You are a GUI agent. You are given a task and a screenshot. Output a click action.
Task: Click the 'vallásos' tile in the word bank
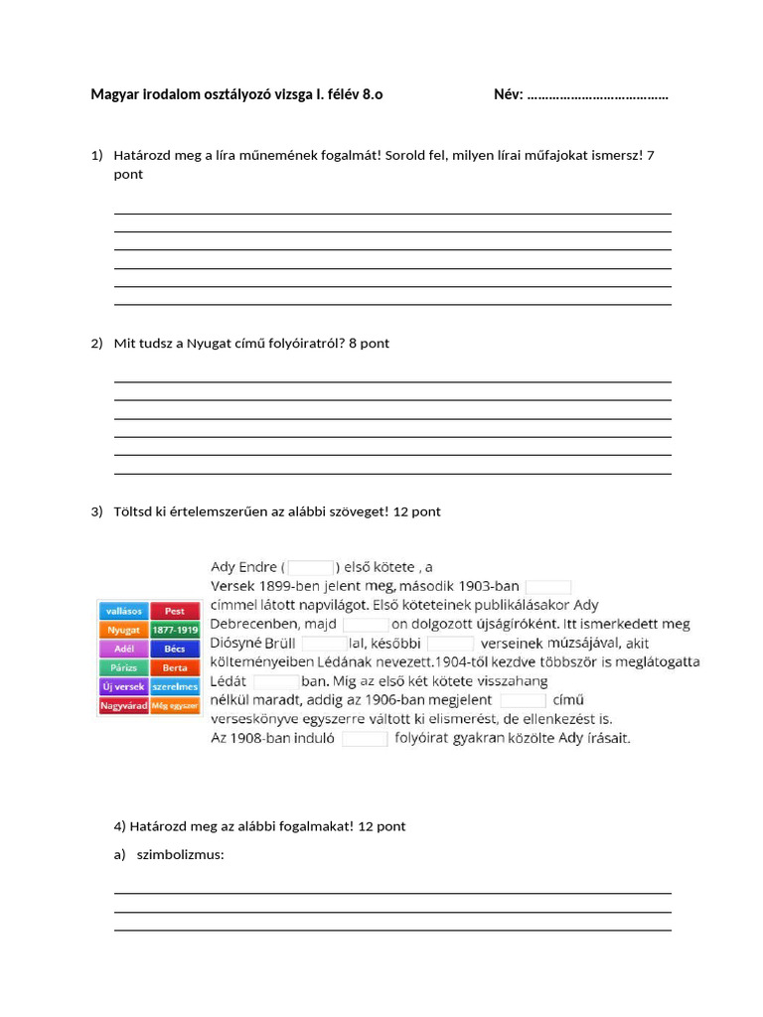click(123, 611)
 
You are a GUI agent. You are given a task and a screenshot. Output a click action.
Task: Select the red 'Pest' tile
click(175, 611)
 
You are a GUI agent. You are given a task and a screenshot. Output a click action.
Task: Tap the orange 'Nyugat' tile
click(123, 630)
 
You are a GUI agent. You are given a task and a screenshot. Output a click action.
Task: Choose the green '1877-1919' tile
click(175, 630)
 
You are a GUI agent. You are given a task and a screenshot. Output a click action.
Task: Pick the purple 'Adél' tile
click(123, 649)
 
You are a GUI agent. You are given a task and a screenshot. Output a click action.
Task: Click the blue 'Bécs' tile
click(175, 649)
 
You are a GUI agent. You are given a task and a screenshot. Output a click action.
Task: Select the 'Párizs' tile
click(123, 667)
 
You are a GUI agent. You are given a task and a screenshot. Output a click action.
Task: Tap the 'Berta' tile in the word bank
click(175, 667)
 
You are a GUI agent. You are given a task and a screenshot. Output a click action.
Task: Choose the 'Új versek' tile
click(123, 686)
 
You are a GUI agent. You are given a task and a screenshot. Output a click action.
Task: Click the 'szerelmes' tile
click(175, 686)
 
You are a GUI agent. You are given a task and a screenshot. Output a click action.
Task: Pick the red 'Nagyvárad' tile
click(123, 705)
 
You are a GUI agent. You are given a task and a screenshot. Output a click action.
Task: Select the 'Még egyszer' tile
click(175, 705)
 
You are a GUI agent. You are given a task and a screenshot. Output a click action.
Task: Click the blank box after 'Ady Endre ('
click(310, 568)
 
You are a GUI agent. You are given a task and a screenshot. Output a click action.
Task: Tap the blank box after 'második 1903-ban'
click(548, 587)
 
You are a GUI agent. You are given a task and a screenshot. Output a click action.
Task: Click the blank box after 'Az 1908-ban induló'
click(365, 738)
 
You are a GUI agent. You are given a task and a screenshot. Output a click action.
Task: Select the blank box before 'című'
click(523, 700)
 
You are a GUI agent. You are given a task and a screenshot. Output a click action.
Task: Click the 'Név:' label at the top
click(508, 95)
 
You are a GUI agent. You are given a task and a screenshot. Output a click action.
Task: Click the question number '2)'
click(96, 343)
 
